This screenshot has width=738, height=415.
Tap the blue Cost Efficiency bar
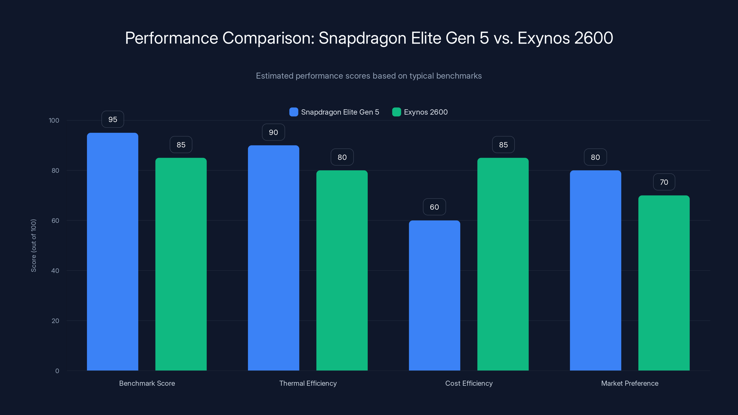[x=434, y=295]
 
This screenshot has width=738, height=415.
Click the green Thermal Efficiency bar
[x=342, y=270]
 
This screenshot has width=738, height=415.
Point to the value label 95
[x=113, y=119]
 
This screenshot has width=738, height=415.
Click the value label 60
[x=434, y=207]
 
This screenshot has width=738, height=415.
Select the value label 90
[x=273, y=132]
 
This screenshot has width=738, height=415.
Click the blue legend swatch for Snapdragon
[x=294, y=112]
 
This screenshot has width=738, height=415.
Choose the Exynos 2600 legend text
[x=426, y=112]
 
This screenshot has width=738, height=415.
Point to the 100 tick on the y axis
[x=54, y=120]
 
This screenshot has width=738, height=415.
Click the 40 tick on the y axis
[x=55, y=271]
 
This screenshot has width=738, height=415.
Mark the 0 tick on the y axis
[x=57, y=371]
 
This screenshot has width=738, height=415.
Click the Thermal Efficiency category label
[x=308, y=383]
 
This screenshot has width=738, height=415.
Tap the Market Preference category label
[x=629, y=383]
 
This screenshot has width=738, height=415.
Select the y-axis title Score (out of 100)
[x=33, y=246]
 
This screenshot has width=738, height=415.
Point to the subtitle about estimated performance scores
[x=369, y=76]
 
